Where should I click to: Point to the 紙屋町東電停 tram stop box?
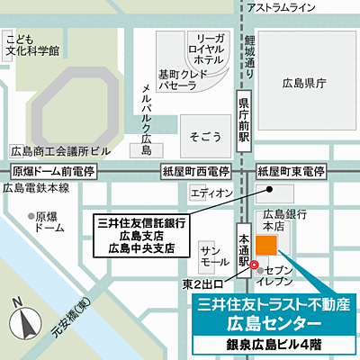[x=292, y=170]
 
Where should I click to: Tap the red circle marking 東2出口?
[x=255, y=265]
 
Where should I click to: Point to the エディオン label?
[x=212, y=193]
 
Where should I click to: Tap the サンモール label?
[x=214, y=255]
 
